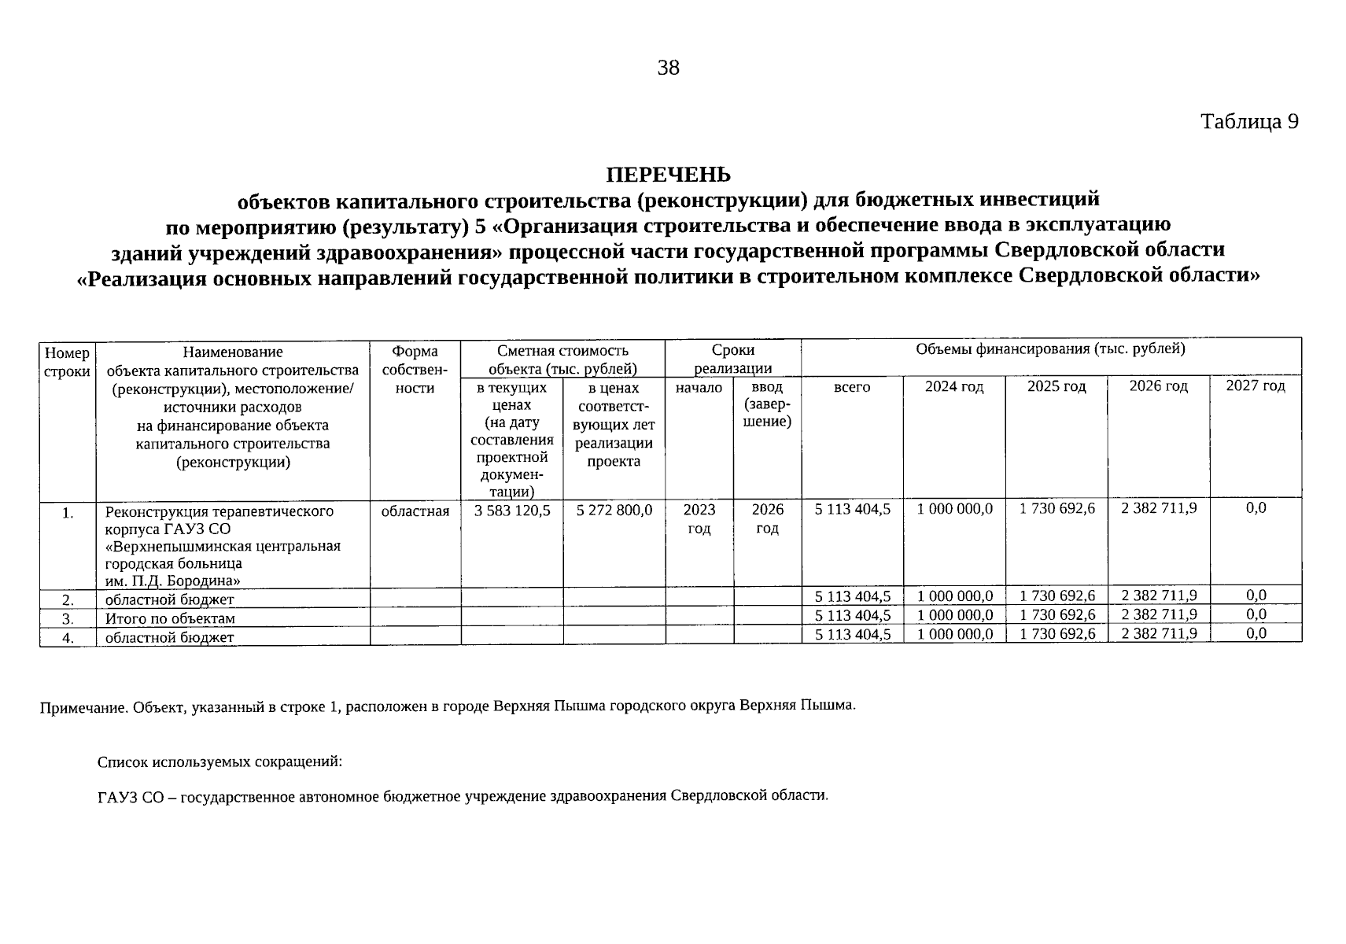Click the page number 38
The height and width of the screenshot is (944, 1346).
[x=668, y=68]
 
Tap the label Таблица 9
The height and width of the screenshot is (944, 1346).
[x=1248, y=122]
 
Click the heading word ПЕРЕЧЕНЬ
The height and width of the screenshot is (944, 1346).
[x=668, y=174]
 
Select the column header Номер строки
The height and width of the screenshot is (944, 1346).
[x=67, y=362]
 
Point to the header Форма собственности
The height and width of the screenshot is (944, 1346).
[x=415, y=369]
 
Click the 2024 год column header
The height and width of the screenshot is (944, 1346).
[x=953, y=387]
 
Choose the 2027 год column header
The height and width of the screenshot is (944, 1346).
[x=1256, y=385]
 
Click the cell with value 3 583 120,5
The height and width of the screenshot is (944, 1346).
[x=512, y=511]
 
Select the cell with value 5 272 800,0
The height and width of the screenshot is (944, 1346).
[x=614, y=511]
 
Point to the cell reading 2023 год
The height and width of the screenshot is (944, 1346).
[x=699, y=519]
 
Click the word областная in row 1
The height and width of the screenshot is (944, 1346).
[x=415, y=511]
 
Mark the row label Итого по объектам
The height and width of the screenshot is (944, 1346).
[x=170, y=618]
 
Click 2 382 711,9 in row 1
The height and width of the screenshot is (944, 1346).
[x=1159, y=508]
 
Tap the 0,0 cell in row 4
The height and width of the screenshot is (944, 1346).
[x=1256, y=633]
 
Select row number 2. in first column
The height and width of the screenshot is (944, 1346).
[x=68, y=600]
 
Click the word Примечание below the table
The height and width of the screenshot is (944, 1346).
[x=84, y=708]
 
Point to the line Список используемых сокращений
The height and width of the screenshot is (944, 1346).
[x=219, y=762]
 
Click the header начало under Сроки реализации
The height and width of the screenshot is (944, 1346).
[x=699, y=387]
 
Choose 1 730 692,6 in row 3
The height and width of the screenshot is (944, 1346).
[x=1057, y=615]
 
